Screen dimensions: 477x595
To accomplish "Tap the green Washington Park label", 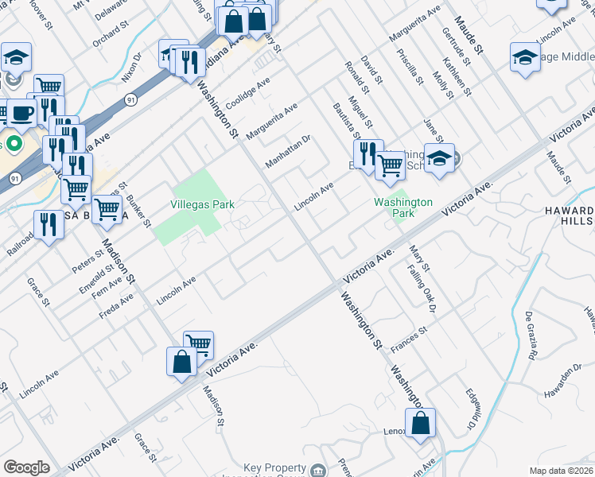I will (x=403, y=208).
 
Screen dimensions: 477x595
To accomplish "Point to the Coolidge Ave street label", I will (x=247, y=94).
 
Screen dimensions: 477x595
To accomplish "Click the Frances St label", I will (x=409, y=339).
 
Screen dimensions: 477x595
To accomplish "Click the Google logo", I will (x=26, y=467).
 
